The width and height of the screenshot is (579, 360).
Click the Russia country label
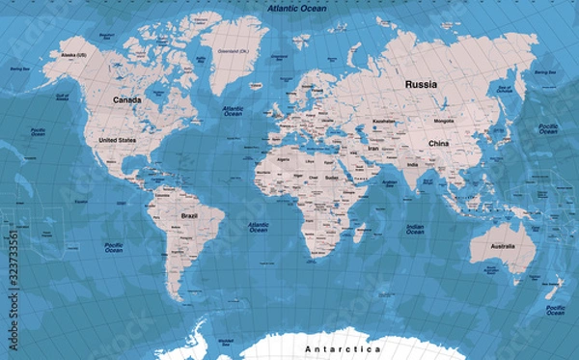pos(421,84)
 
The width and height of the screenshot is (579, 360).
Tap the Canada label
pos(126,99)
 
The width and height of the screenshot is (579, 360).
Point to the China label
pos(438,144)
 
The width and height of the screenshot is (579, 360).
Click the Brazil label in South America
pos(190,216)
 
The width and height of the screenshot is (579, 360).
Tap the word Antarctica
pos(343,348)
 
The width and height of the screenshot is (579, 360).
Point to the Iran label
pos(372,150)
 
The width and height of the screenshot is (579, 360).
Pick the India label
pos(411,165)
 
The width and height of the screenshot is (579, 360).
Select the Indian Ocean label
pos(415,228)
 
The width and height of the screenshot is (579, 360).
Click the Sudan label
pos(331,178)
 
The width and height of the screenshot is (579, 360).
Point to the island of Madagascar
pos(361,233)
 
